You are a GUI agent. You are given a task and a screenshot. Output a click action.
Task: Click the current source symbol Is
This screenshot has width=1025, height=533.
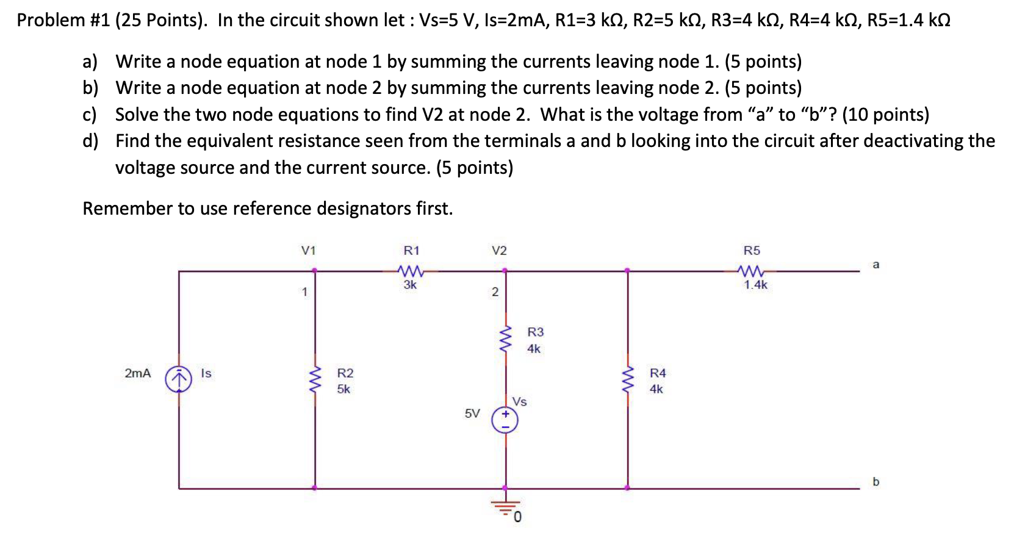tap(178, 379)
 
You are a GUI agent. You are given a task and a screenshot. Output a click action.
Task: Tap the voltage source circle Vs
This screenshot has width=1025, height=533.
tap(505, 420)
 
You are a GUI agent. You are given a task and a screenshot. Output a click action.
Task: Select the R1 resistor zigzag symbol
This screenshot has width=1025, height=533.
tap(410, 270)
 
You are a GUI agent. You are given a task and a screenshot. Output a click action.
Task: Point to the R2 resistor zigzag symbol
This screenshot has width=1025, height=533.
tap(315, 381)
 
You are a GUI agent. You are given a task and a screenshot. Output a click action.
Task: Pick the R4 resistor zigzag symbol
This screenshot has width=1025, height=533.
tap(628, 381)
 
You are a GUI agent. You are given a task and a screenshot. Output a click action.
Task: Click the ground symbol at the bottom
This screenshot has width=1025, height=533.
tap(506, 505)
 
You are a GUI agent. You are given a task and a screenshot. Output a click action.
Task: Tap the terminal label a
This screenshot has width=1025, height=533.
tap(876, 265)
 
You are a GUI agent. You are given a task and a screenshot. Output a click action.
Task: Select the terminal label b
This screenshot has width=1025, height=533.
tap(876, 482)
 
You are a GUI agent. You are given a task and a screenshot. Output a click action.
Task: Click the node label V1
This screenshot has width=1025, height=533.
tap(309, 251)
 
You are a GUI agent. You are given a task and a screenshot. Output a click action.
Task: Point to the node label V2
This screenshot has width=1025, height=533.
tap(499, 251)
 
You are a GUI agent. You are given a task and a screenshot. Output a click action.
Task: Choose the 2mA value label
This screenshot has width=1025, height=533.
tap(137, 373)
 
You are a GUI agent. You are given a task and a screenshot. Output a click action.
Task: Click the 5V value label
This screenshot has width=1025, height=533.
tap(472, 413)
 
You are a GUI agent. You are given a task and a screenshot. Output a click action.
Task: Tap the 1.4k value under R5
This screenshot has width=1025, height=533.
tap(755, 285)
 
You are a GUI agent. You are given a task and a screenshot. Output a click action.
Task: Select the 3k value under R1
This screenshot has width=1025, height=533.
tap(410, 285)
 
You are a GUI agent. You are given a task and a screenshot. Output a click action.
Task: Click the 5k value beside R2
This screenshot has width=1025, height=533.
tap(344, 389)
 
